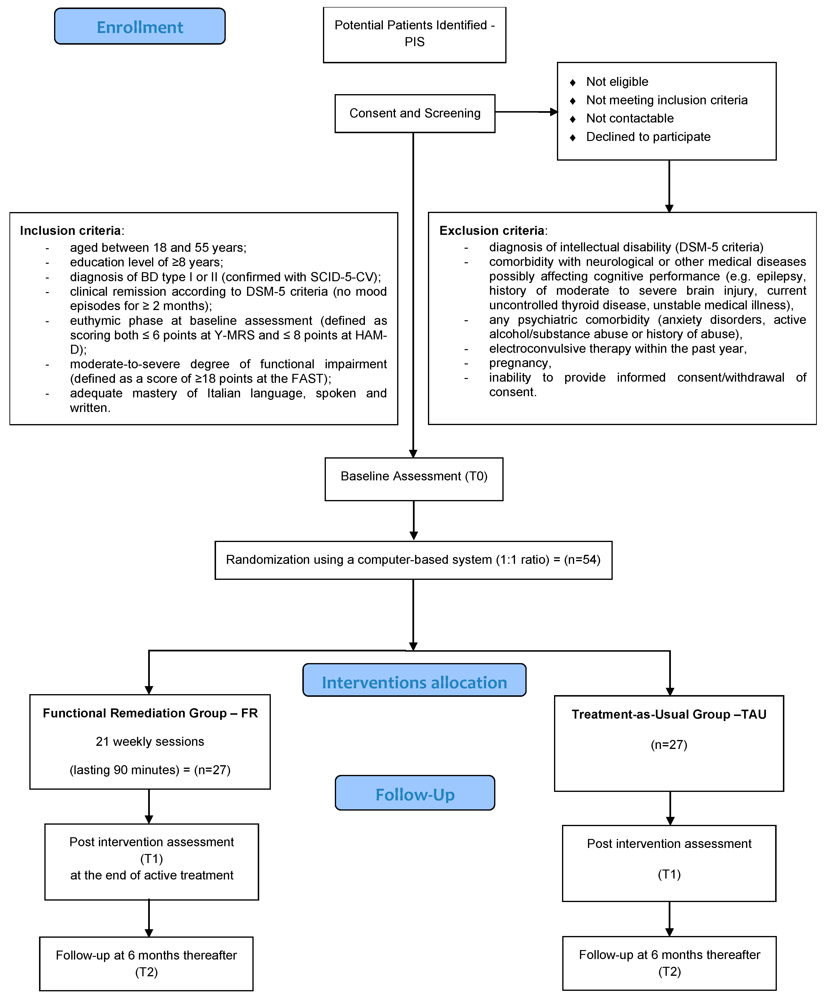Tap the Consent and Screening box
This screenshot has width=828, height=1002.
point(414,114)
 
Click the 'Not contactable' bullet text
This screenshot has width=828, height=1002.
point(630,118)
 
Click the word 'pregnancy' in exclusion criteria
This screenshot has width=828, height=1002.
point(519,363)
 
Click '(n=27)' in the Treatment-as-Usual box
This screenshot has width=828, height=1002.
point(669,745)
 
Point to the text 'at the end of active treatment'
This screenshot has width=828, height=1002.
point(152,875)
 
